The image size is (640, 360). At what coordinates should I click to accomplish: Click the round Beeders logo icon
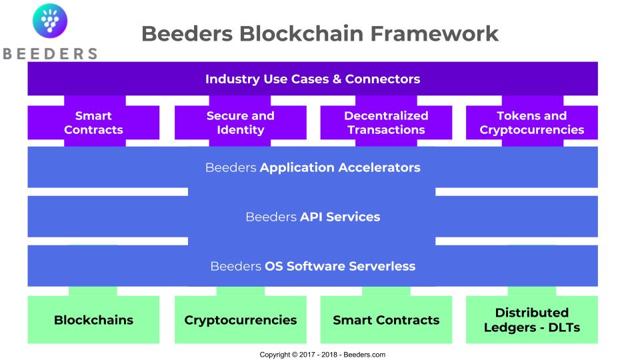(50, 21)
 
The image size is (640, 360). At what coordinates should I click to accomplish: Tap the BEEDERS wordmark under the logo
(50, 54)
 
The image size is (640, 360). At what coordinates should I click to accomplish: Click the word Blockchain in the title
(301, 33)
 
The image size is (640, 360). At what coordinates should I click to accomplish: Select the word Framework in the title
(434, 33)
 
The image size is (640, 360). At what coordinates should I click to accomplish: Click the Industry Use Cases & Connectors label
(313, 79)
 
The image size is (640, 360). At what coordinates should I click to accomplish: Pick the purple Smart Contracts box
(93, 123)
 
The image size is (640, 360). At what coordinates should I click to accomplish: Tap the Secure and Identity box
(241, 123)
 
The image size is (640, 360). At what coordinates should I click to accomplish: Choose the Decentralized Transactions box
(386, 123)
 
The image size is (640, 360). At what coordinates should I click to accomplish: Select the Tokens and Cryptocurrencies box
(532, 123)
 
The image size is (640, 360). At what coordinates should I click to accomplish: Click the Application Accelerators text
(340, 167)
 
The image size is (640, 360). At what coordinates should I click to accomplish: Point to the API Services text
(340, 217)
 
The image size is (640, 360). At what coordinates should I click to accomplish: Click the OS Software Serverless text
(340, 266)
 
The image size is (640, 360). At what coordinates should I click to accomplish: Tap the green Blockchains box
(93, 319)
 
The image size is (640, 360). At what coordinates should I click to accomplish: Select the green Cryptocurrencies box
(241, 319)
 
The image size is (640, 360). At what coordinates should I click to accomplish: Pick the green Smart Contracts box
(386, 319)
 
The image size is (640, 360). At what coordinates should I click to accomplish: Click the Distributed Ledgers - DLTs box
(532, 319)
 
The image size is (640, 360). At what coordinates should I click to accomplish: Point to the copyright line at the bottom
(323, 355)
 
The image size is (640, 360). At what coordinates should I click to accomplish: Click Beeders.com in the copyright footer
(365, 355)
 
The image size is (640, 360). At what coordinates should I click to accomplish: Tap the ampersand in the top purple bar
(337, 79)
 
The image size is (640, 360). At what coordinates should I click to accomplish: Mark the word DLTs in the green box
(564, 327)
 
